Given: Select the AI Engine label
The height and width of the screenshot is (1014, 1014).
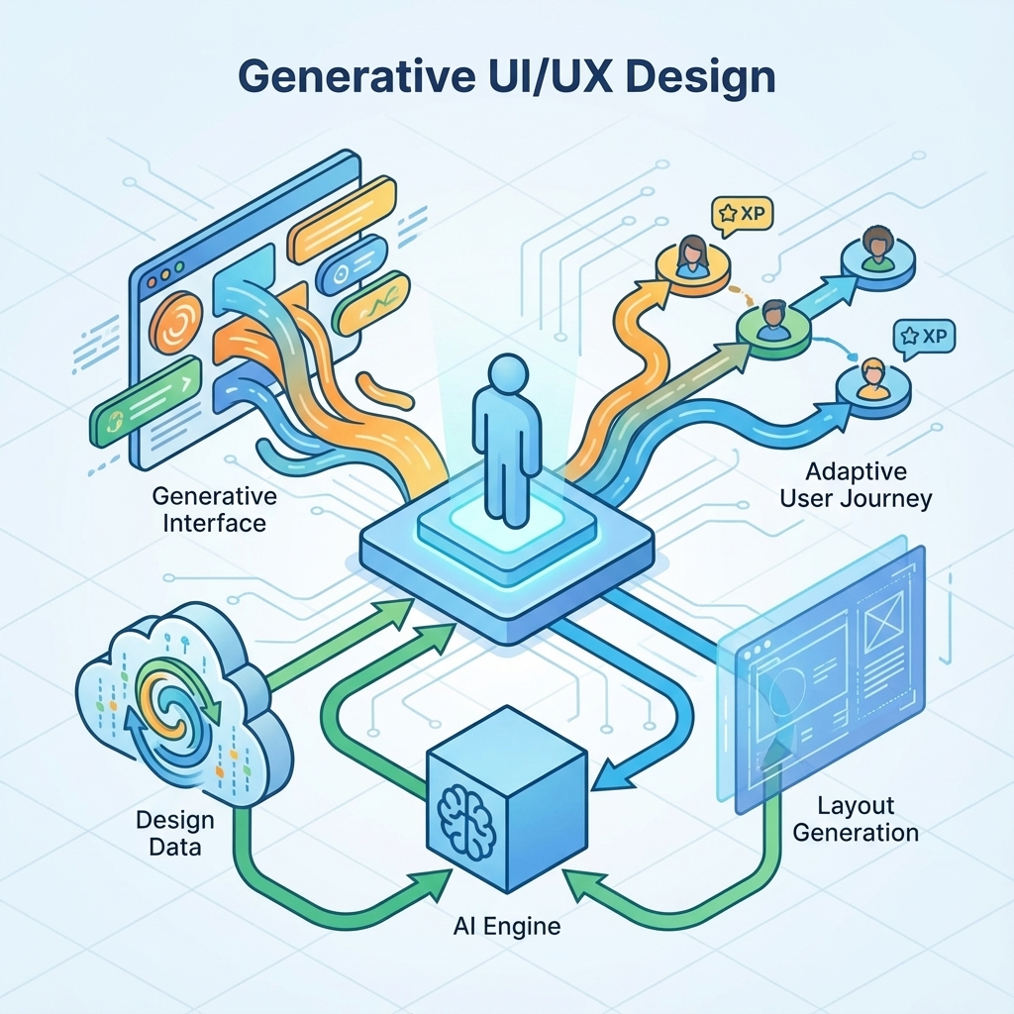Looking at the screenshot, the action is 506,926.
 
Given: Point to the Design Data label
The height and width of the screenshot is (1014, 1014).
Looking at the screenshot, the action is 174,834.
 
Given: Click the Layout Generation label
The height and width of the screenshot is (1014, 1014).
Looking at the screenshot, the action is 856,819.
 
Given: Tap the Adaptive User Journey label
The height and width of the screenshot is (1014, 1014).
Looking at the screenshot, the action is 856,485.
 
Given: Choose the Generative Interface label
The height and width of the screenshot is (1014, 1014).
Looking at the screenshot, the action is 214,510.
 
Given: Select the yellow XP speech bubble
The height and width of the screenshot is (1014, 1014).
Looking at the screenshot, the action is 742,215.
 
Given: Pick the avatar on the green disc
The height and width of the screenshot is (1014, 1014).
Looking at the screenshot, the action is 772,321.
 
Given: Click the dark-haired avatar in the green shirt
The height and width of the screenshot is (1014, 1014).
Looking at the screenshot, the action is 877,249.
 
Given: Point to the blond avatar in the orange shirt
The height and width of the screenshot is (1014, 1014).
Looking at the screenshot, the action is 871,378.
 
